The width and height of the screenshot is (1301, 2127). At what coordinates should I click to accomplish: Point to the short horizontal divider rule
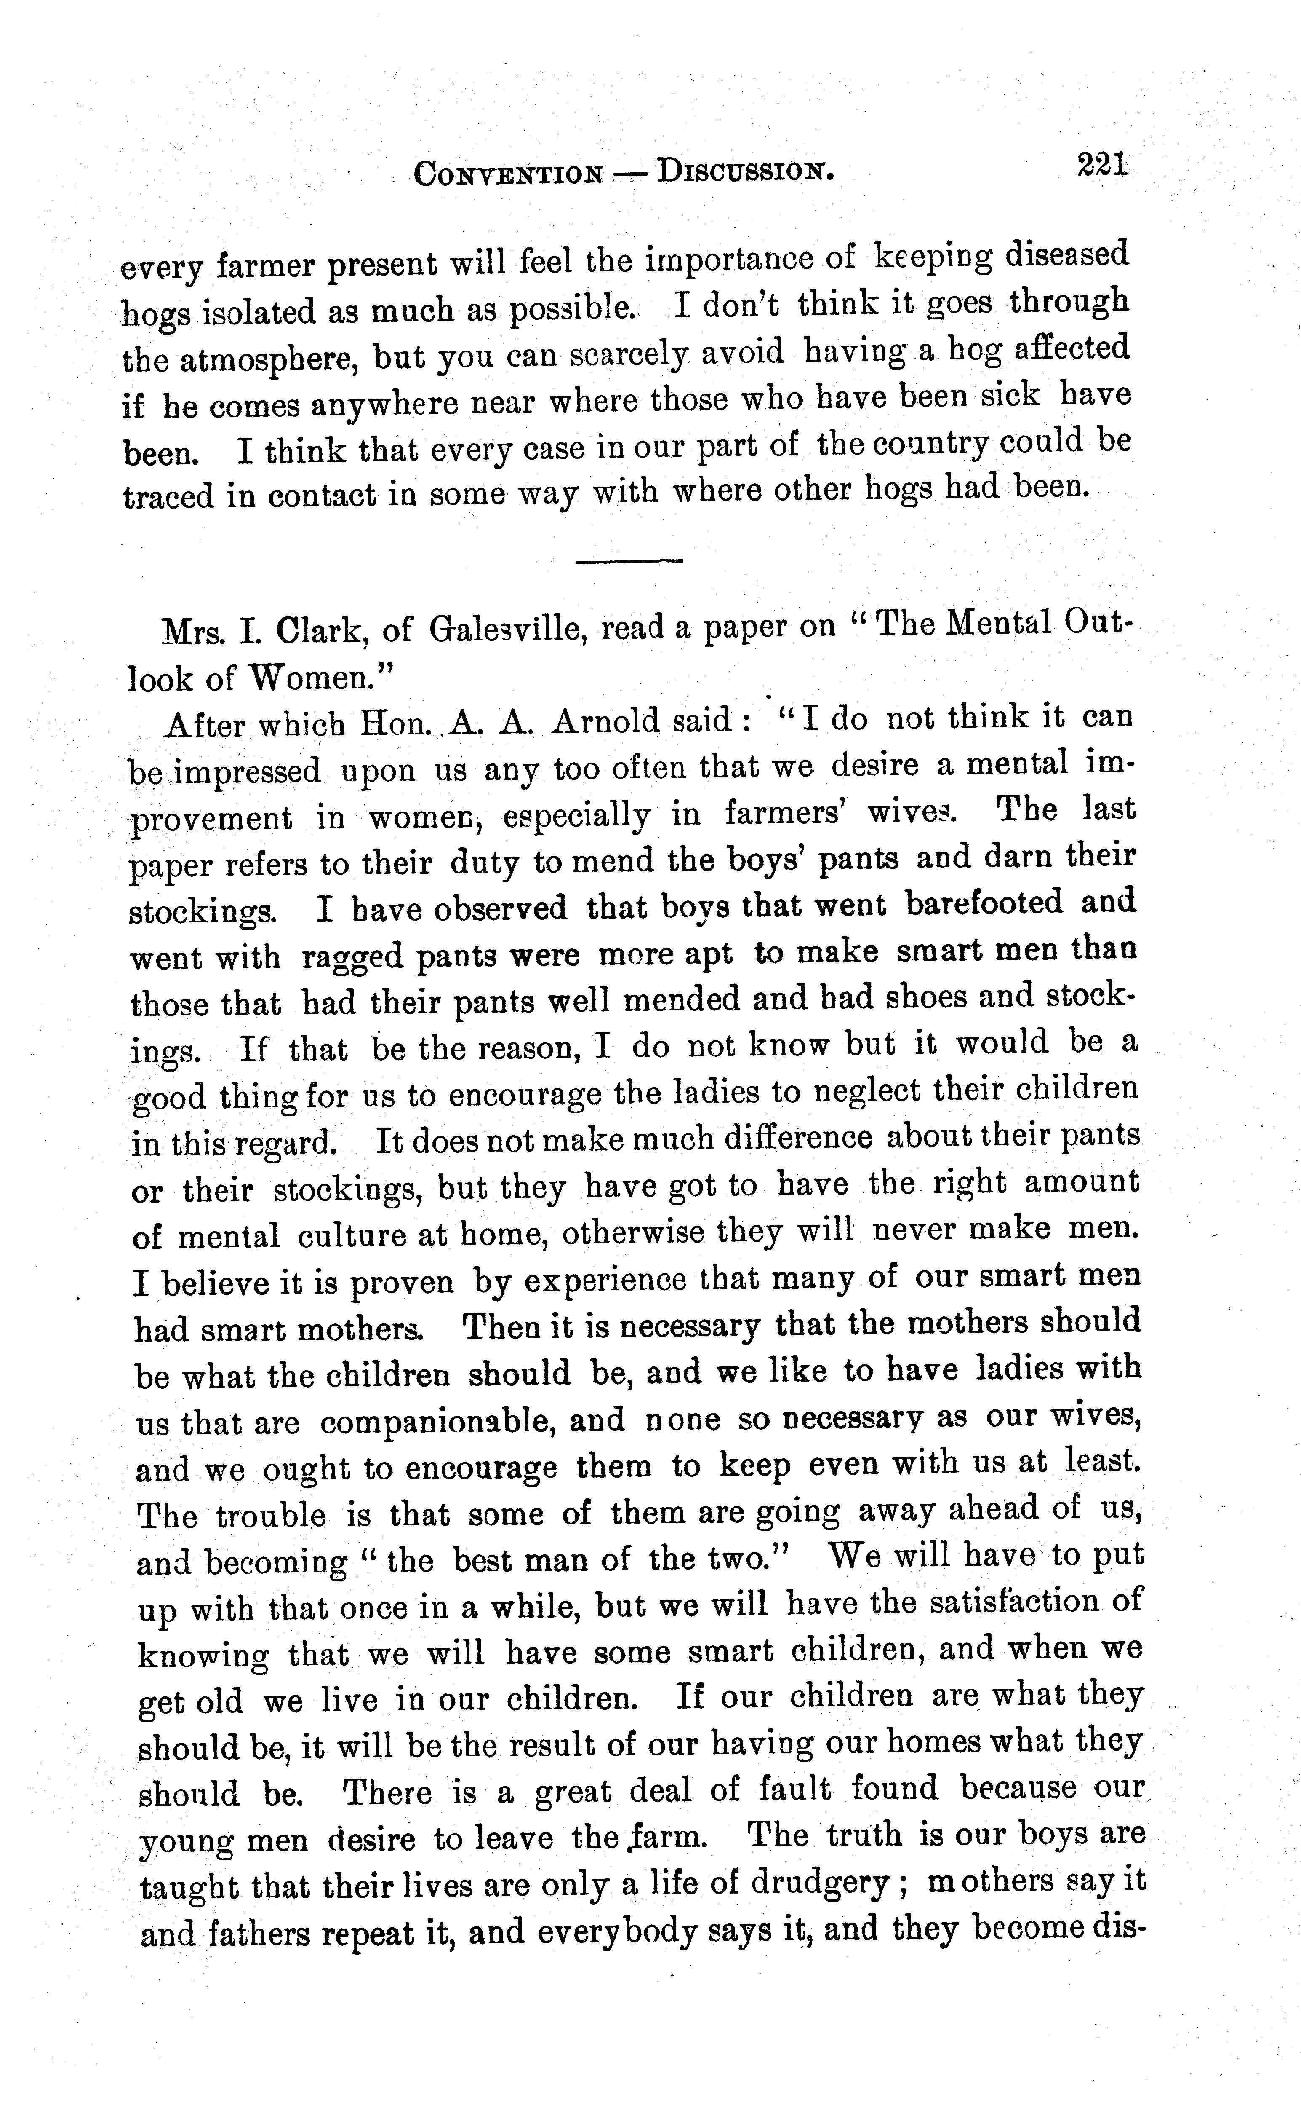629,562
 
